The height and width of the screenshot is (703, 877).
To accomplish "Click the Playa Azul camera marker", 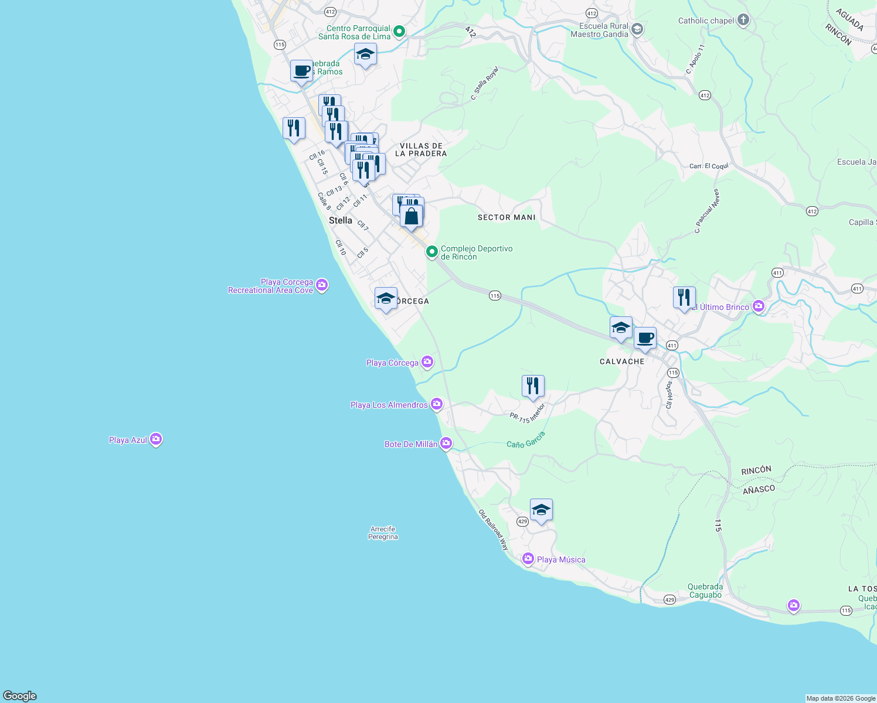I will [155, 439].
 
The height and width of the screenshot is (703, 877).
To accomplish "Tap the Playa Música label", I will [560, 559].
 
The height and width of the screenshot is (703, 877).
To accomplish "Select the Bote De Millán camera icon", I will [446, 443].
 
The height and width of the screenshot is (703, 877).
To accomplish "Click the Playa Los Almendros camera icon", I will [436, 404].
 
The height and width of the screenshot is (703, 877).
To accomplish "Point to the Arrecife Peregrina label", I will [383, 533].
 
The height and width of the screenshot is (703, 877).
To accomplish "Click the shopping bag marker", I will [412, 216].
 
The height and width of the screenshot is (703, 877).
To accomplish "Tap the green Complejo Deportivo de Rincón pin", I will [432, 252].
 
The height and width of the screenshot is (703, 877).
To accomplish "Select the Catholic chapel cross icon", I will [743, 21].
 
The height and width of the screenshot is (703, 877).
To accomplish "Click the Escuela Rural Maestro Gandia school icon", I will [637, 30].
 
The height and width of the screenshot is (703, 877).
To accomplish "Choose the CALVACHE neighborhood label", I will [622, 361].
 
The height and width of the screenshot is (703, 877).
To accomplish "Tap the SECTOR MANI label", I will [507, 217].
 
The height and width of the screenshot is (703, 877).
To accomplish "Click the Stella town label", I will [341, 220].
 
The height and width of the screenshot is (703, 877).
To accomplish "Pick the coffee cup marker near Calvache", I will [645, 338].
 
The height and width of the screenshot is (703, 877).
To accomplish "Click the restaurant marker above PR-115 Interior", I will [533, 386].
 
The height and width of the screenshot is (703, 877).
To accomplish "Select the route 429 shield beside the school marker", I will [522, 521].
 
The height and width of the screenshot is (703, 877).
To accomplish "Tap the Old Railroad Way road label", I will [494, 530].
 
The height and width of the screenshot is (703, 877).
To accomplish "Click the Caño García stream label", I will [526, 440].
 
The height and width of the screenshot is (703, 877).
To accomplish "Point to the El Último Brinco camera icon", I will [759, 306].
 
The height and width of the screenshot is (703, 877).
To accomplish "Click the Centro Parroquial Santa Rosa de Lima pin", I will [399, 32].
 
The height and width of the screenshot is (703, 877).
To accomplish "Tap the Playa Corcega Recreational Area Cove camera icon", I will [321, 285].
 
